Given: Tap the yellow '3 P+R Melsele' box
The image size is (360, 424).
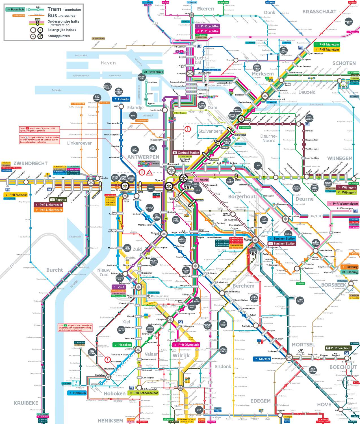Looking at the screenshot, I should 16,195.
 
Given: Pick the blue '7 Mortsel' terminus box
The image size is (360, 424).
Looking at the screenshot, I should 262,359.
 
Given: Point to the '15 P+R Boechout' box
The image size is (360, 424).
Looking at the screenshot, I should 338,348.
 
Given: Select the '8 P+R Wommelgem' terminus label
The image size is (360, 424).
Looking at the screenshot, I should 343,204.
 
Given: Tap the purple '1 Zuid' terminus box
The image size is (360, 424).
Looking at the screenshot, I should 118,287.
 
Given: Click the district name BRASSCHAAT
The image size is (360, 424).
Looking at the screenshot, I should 319,12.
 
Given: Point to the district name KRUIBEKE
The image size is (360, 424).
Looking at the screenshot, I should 26,403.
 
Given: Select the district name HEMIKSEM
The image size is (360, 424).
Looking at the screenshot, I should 110,421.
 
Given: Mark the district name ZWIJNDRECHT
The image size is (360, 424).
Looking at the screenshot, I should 31,163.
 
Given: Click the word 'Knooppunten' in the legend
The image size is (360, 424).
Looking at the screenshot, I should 58,36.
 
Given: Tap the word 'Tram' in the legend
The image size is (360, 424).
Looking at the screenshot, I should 54,9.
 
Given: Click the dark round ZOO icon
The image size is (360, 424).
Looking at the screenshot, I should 198,190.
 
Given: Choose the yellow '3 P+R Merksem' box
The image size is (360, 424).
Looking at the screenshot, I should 327,49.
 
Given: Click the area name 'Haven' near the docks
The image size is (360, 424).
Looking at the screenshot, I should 108,63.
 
